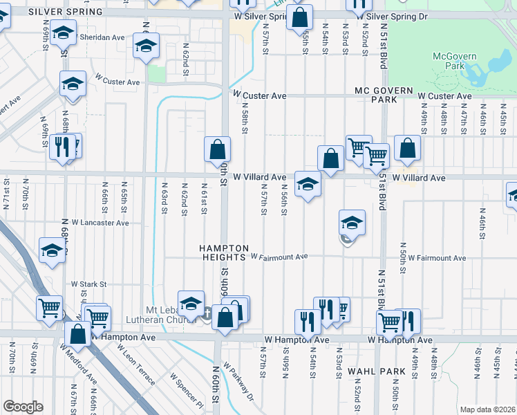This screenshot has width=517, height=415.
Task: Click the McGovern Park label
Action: coord(451,61)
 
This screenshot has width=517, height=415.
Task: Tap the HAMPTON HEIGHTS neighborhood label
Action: coord(223,252)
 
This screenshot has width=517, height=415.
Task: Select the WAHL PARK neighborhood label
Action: coord(377,371)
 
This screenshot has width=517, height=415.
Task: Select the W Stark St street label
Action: coord(88,284)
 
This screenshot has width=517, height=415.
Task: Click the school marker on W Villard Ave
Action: coord(308,184)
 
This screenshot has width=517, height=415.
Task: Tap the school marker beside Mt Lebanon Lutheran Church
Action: coord(191,303)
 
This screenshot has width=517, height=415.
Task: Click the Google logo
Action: coord(23,407)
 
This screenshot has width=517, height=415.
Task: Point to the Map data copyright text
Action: coord(488,409)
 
